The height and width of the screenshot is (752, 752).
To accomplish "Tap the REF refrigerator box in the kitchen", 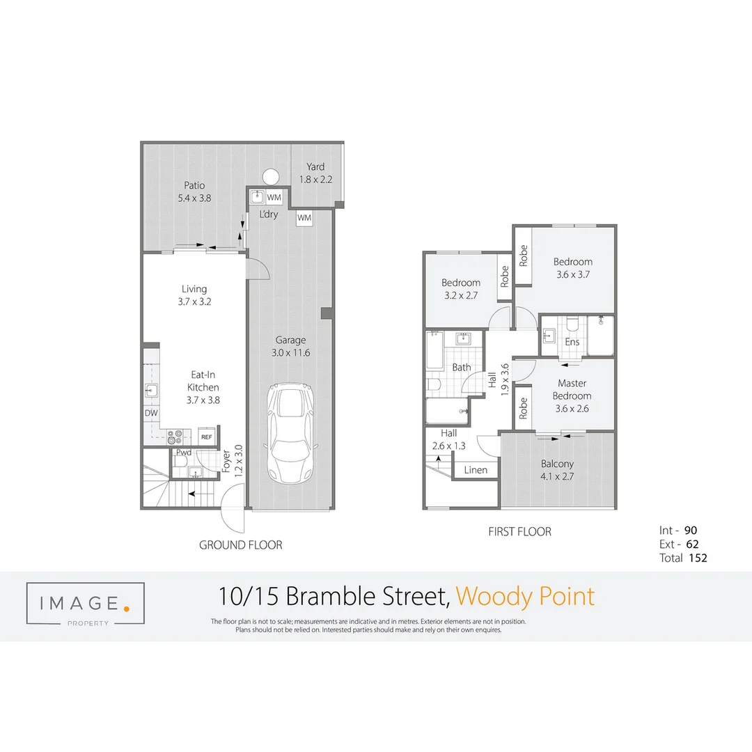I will coord(206,437).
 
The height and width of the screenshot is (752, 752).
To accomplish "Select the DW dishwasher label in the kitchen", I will coord(150,413).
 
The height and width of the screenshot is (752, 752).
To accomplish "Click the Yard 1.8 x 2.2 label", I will coord(315,173).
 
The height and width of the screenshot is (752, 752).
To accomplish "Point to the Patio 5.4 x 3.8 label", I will coord(194,191).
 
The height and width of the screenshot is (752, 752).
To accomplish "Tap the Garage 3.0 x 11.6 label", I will coord(290,346).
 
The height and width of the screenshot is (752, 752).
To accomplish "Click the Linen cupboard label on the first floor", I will coord(476,470).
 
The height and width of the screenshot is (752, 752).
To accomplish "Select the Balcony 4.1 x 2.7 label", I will coord(557,470).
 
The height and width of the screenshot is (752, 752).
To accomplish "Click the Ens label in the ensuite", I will coord(572,342).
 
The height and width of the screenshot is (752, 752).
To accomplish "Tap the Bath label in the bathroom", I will coord(461,367).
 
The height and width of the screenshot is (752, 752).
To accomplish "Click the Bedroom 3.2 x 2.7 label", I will coord(460,289).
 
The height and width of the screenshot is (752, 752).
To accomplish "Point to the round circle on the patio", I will coord(270,175).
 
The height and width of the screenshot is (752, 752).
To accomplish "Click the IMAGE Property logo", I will coord(85,603).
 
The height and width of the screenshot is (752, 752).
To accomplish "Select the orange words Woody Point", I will coord(525,597).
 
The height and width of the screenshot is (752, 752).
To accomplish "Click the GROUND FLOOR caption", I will coord(241,545).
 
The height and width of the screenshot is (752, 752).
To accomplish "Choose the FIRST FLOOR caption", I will coord(520,532).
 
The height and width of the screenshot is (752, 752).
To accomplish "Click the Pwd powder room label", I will coord(183,452).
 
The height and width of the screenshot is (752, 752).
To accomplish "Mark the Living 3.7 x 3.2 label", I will coord(194,295).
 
